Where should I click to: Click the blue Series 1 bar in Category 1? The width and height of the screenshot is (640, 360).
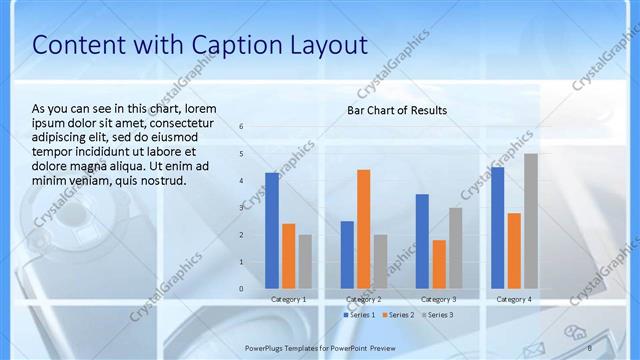tap(272, 231)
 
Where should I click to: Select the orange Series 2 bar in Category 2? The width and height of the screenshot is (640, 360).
tap(363, 229)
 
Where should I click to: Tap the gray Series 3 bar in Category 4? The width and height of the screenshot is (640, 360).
tap(531, 221)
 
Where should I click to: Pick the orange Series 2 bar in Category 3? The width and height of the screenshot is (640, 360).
tap(439, 264)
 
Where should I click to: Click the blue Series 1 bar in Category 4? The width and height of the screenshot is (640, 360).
tap(498, 228)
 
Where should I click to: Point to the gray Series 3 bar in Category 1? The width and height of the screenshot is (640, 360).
tap(305, 262)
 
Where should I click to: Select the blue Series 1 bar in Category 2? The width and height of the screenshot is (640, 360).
tap(347, 255)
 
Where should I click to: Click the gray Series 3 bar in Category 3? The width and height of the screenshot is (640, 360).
tap(455, 248)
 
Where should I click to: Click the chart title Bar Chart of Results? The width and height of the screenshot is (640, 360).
tap(397, 110)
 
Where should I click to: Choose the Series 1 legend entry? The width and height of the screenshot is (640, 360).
tap(360, 315)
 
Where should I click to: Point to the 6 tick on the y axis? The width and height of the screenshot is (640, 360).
tap(241, 126)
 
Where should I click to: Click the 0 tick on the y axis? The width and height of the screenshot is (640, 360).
tap(241, 289)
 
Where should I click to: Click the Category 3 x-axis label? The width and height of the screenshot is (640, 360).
tap(438, 300)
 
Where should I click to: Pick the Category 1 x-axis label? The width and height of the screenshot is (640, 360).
tap(289, 300)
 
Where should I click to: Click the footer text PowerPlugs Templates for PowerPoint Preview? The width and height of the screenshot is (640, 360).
tap(320, 347)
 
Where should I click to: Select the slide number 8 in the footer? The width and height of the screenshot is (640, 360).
tap(589, 347)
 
